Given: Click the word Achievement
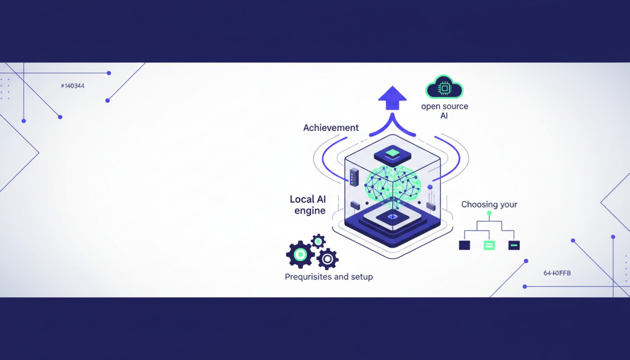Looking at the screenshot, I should pyautogui.click(x=331, y=128).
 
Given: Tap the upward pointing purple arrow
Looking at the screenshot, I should pyautogui.click(x=392, y=98).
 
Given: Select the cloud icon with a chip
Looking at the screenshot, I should pyautogui.click(x=444, y=87).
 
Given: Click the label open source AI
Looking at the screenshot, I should pyautogui.click(x=444, y=111).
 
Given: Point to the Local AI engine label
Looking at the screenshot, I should pyautogui.click(x=308, y=205).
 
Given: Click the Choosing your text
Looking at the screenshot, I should pyautogui.click(x=489, y=204).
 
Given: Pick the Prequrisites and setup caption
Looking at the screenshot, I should pyautogui.click(x=329, y=277).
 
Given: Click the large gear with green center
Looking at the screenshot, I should pyautogui.click(x=300, y=254).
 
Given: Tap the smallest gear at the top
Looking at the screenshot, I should pyautogui.click(x=318, y=241).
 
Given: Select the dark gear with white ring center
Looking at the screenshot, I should pyautogui.click(x=327, y=259).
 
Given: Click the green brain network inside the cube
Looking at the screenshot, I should pyautogui.click(x=392, y=184).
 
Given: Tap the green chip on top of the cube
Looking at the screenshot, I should pyautogui.click(x=392, y=154).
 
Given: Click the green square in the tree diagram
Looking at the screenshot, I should pyautogui.click(x=489, y=246).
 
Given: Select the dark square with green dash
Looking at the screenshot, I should pyautogui.click(x=514, y=246).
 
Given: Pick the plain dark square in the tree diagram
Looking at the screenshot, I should pyautogui.click(x=464, y=246).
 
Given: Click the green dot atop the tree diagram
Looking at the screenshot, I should pyautogui.click(x=489, y=213).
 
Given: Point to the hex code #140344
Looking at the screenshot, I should pyautogui.click(x=72, y=86).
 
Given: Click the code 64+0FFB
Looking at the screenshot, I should pyautogui.click(x=557, y=273).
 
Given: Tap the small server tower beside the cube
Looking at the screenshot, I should pyautogui.click(x=354, y=177).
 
